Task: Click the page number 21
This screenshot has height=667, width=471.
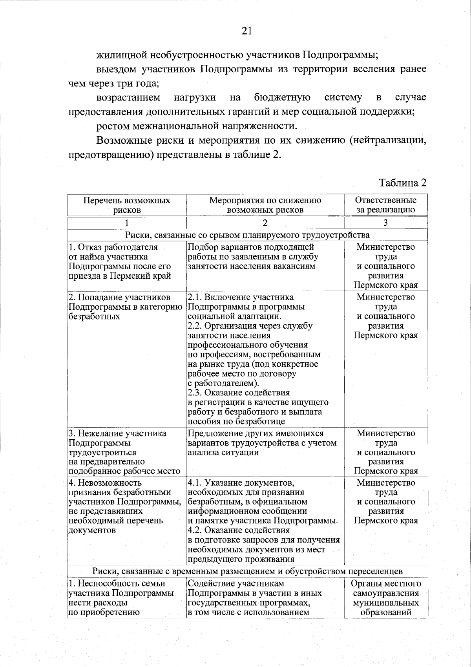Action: pyautogui.click(x=246, y=31)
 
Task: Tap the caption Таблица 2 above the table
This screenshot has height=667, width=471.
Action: pyautogui.click(x=402, y=183)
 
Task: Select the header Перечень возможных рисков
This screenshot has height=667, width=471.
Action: pyautogui.click(x=127, y=205)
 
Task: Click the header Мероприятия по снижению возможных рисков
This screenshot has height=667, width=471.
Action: pyautogui.click(x=265, y=205)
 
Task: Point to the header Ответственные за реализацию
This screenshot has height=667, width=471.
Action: pyautogui.click(x=385, y=205)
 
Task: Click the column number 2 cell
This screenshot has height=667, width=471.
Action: pyautogui.click(x=265, y=223)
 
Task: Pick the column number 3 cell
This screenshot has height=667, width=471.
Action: pyautogui.click(x=385, y=223)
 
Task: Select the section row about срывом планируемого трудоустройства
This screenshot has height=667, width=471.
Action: pyautogui.click(x=247, y=235)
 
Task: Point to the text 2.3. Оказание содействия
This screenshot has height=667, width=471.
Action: pyautogui.click(x=239, y=393)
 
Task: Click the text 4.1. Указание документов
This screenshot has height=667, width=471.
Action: pyautogui.click(x=241, y=482)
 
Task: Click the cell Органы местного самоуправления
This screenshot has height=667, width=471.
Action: pyautogui.click(x=385, y=598)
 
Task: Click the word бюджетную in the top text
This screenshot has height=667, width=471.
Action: pyautogui.click(x=282, y=97)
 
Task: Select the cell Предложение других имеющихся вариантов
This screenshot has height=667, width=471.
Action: pyautogui.click(x=262, y=443)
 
